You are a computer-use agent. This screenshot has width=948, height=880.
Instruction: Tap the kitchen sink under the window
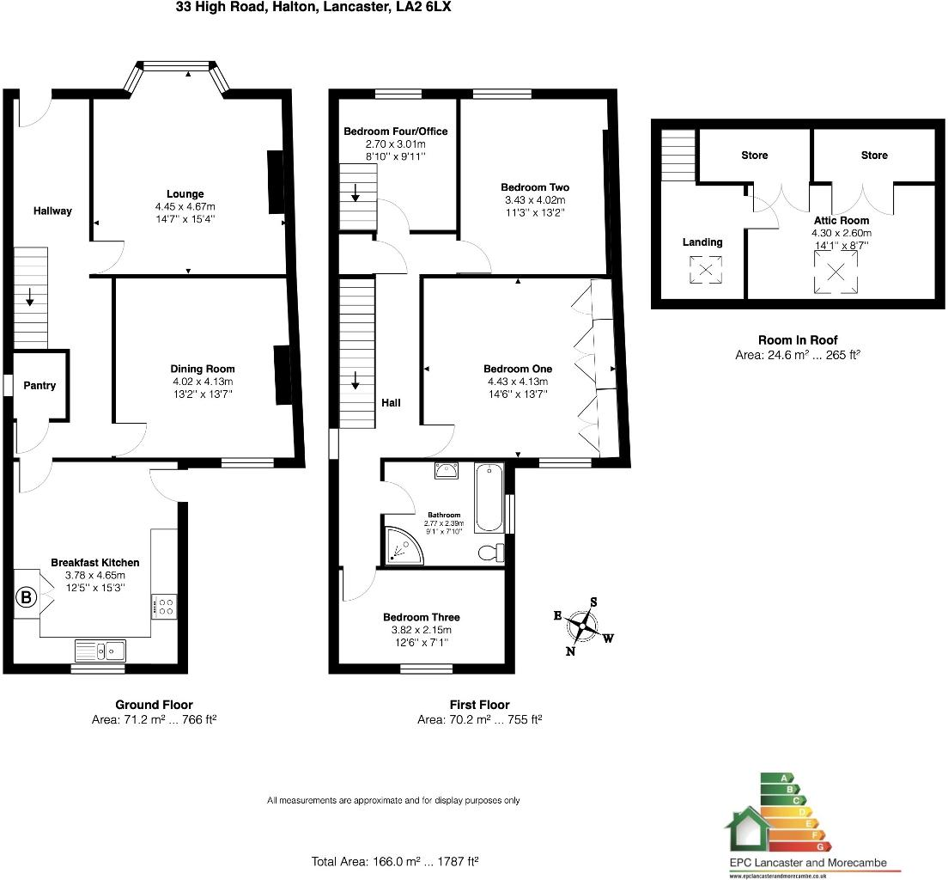pos(100,651)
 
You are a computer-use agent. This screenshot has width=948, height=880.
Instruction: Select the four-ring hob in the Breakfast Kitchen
pos(164,608)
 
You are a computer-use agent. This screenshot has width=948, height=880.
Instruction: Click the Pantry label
pos(39,386)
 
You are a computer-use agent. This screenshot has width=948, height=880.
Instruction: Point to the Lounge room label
pos(185,194)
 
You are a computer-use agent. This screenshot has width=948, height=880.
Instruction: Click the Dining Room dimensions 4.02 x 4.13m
pos(202,382)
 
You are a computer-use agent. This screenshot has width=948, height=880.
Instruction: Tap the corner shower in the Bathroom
pos(402,547)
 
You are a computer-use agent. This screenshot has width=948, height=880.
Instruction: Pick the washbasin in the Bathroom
pos(447,470)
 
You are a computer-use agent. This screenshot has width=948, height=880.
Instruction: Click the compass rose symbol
pos(584,627)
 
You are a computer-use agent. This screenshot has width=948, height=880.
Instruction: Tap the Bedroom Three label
pos(421,617)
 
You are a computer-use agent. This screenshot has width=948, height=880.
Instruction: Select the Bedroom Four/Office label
pos(395,131)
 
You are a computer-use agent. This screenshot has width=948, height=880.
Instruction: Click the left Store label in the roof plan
pos(754,156)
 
